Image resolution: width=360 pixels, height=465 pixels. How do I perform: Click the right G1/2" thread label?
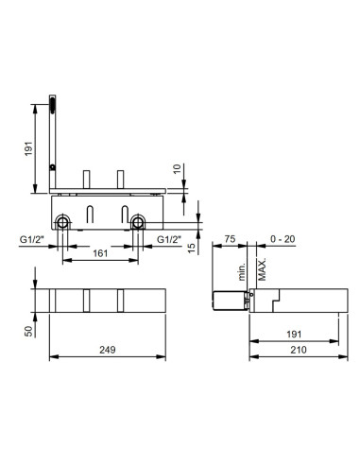tap(170, 240)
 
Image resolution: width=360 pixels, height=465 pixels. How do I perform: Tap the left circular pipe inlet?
tap(62, 223)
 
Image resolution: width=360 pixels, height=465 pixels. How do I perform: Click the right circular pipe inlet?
tap(139, 223)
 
